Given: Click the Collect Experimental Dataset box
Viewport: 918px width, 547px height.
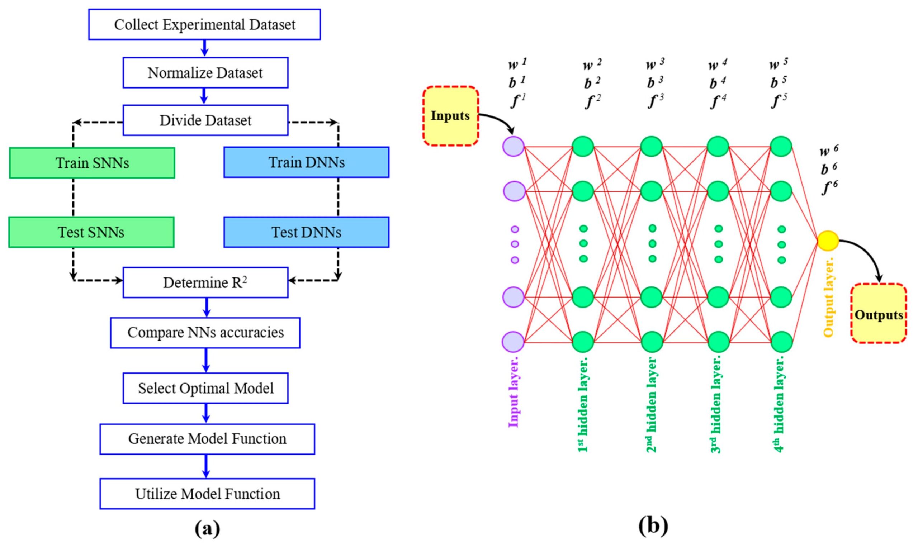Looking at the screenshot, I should coord(205,25).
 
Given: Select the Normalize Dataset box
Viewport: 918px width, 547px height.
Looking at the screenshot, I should coord(205,73).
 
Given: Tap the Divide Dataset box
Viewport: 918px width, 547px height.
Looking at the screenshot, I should coord(205,120).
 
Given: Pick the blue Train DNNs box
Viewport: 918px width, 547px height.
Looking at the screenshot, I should coord(306,162).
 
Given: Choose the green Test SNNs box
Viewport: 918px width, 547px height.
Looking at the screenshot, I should coord(91,232).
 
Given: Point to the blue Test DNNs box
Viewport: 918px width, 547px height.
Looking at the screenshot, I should coord(306,232).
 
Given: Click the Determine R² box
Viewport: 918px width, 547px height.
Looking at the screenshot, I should coord(205,283).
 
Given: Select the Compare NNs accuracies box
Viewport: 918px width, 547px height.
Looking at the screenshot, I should coord(205,333).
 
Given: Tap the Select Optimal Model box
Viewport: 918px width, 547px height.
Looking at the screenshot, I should coord(205,388).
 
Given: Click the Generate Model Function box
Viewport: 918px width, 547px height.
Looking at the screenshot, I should coord(207,439).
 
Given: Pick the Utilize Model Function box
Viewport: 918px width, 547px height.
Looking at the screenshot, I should coord(207,494).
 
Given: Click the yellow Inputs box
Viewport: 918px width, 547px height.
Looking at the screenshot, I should coord(450,116).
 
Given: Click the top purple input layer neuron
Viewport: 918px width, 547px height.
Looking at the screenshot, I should coord(513,146).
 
